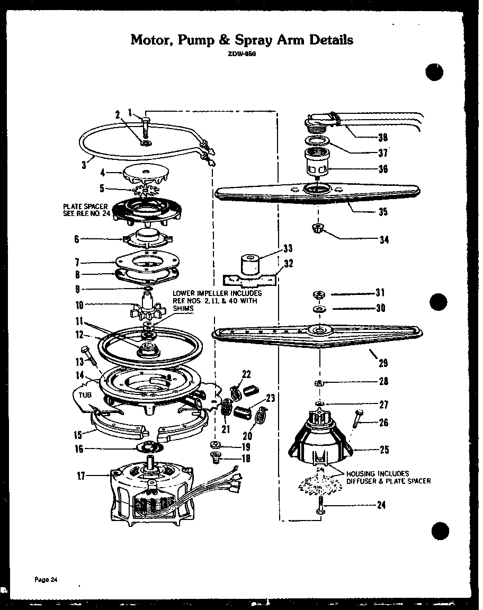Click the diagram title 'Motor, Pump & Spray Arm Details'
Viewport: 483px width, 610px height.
coord(241,40)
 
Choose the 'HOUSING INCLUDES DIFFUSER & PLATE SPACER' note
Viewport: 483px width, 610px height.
coord(388,477)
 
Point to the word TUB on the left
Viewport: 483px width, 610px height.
coord(80,394)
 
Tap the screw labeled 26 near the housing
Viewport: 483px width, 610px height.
coord(357,421)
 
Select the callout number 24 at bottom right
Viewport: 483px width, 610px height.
coord(381,505)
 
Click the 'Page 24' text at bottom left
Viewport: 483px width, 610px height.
coord(46,579)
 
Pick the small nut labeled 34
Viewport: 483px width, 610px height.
coord(318,228)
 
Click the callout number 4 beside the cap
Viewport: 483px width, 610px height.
coord(104,172)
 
